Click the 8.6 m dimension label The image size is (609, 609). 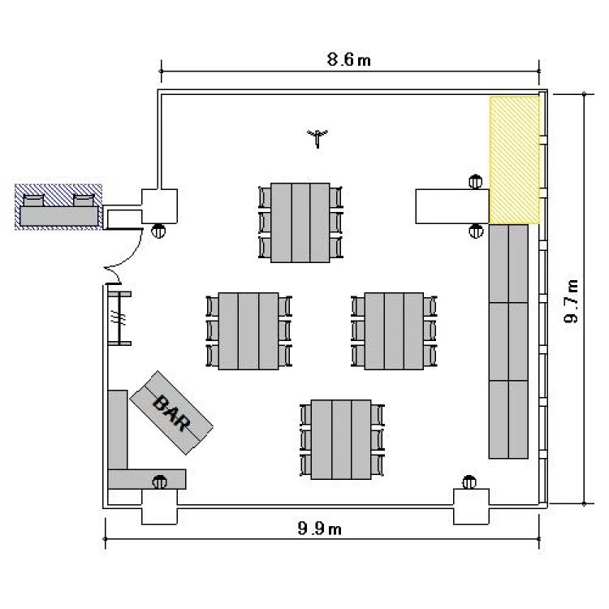348,60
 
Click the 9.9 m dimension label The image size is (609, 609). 319,529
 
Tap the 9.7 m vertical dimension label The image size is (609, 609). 572,301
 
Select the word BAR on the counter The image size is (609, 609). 172,412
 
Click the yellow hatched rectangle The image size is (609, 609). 514,160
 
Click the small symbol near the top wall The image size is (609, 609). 317,138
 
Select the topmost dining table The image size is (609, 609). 300,222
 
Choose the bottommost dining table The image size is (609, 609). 341,439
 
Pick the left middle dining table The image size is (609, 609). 248,331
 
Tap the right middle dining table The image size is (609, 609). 394,331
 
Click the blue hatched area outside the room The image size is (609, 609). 58,207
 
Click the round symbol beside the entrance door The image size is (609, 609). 158,231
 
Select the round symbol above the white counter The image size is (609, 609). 475,182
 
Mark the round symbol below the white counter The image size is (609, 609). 476,231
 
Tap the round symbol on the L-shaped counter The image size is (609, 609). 159,482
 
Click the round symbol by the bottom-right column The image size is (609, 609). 469,482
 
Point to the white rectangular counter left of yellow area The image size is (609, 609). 452,206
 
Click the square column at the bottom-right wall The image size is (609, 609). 472,507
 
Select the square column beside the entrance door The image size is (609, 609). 159,206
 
